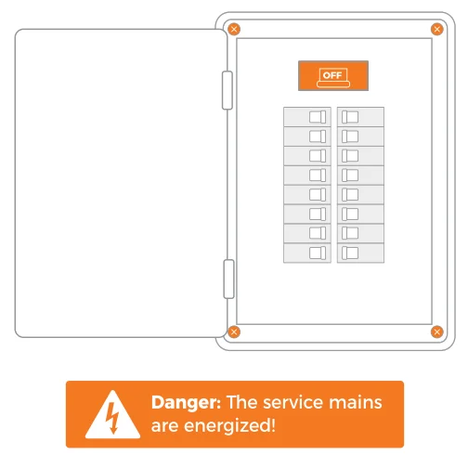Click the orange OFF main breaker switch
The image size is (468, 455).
[x=333, y=76]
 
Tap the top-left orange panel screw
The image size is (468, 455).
[x=234, y=30]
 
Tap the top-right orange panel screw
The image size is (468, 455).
[x=436, y=30]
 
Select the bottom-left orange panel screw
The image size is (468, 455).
[x=234, y=331]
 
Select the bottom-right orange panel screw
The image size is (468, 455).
[x=436, y=331]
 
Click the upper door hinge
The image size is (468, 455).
[x=227, y=90]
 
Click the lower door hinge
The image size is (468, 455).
[x=228, y=279]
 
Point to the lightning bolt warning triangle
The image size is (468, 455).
[x=112, y=414]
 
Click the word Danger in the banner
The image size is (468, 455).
[x=186, y=403]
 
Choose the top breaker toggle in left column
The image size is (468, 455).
[x=318, y=117]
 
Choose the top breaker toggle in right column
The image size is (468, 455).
[x=350, y=117]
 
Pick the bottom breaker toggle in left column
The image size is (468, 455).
[x=318, y=253]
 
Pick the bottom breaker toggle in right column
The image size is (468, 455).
[x=350, y=253]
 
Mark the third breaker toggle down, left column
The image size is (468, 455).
[x=318, y=156]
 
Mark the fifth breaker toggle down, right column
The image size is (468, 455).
[x=350, y=195]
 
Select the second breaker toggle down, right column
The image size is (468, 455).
[x=350, y=136]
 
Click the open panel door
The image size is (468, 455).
[x=121, y=183]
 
